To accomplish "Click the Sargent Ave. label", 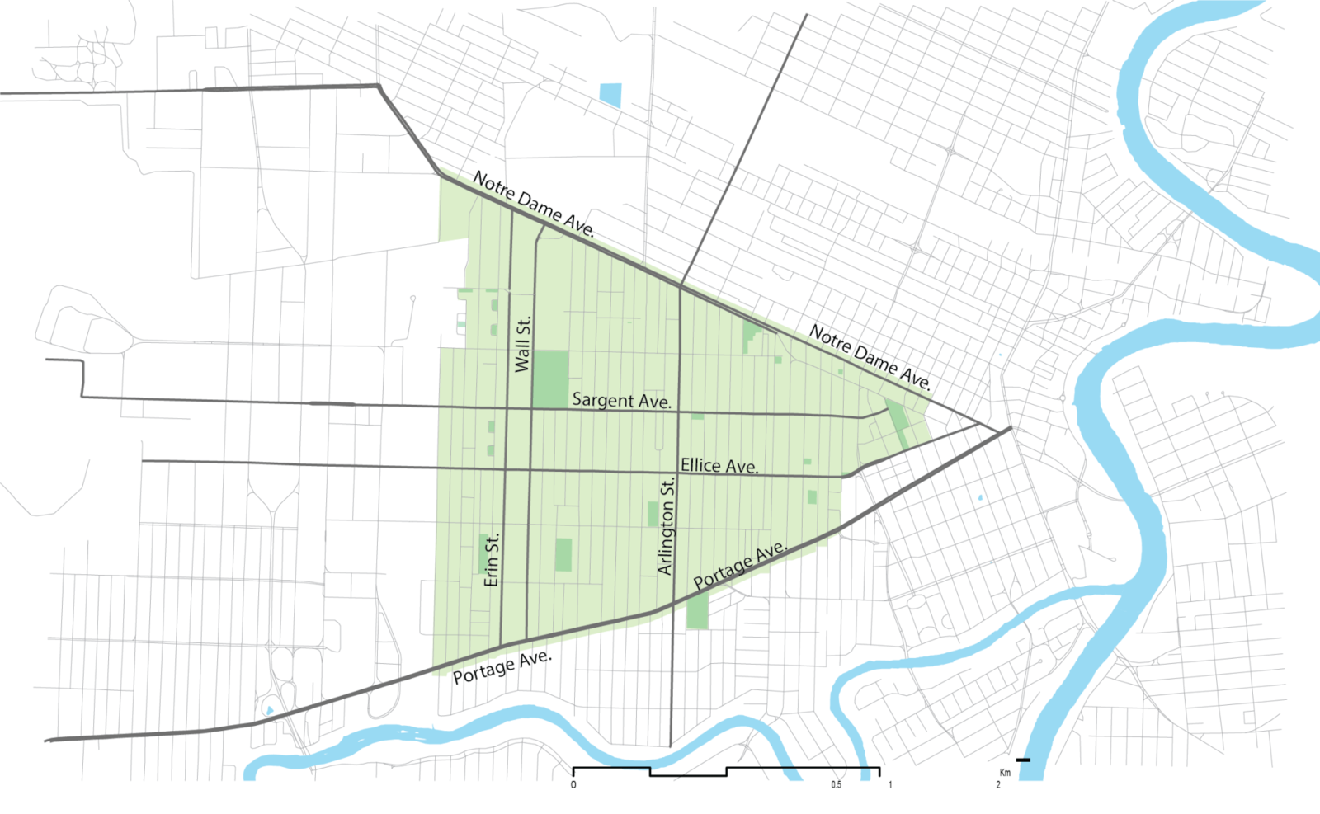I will click(x=621, y=400).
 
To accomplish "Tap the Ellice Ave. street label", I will click(x=719, y=466).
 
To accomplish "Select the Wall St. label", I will click(x=522, y=345).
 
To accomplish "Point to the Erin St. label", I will click(x=492, y=560).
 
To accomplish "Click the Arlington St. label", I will click(x=667, y=525).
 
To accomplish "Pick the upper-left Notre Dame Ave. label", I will click(x=533, y=204).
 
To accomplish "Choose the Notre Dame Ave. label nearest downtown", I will click(x=870, y=357).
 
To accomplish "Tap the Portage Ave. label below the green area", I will click(x=502, y=666).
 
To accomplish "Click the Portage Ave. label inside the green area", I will click(x=740, y=566).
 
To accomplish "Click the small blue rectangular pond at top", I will click(x=610, y=95).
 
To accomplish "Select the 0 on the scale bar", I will click(x=573, y=784).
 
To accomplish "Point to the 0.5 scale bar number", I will click(x=837, y=784).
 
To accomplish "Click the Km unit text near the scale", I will click(x=1005, y=773).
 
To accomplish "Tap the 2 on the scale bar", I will click(x=998, y=784).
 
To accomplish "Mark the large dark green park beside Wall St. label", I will click(x=550, y=379).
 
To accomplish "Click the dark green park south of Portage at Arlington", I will click(x=697, y=610).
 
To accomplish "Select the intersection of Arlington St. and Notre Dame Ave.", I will click(x=680, y=286).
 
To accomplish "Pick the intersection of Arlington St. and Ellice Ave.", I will click(x=677, y=473).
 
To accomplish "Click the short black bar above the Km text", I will click(x=1023, y=760).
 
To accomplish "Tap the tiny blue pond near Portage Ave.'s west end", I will click(x=269, y=710).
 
